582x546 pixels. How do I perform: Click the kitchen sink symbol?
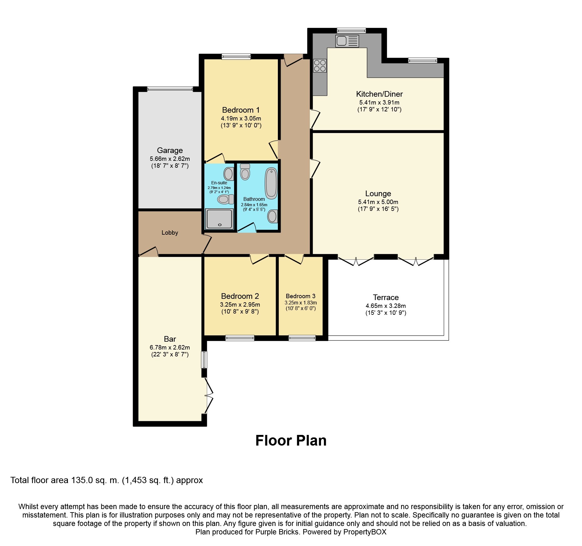347,41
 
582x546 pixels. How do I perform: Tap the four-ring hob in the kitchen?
320,65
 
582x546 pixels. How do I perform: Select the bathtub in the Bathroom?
271,183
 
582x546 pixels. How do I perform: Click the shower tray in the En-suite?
219,219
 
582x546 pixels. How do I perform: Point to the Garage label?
170,151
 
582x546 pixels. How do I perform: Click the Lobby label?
170,232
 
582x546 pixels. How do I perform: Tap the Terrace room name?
385,297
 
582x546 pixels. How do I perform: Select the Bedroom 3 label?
300,296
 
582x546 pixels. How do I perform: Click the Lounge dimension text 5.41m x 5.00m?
378,202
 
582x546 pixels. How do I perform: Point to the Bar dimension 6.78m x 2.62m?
170,347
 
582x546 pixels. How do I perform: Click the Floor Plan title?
291,441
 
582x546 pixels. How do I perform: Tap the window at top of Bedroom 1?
236,57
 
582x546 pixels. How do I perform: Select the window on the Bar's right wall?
204,360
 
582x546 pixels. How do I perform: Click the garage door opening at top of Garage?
170,89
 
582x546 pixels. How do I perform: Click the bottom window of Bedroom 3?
302,338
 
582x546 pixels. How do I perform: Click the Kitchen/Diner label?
379,94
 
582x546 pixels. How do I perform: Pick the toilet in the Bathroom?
245,172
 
